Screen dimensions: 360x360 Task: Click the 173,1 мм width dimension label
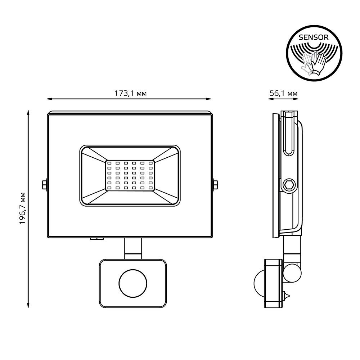click(130, 93)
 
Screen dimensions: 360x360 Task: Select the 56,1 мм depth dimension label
click(283, 93)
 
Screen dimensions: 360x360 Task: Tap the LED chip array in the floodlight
click(130, 175)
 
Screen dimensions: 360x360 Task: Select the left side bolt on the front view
click(44, 184)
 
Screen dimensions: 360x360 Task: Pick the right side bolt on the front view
click(215, 184)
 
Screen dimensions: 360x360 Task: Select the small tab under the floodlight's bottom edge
click(96, 238)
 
